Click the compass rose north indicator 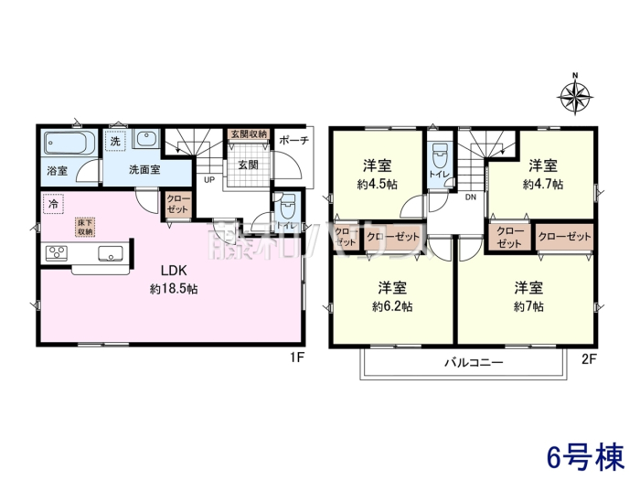click(575, 96)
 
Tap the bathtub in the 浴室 click(69, 143)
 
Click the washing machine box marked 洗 click(115, 141)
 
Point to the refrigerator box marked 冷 click(53, 204)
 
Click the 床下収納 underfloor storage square click(85, 228)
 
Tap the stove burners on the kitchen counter click(57, 253)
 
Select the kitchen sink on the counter click(111, 253)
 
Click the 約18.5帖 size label click(174, 290)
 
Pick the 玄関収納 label click(248, 133)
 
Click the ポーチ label click(293, 141)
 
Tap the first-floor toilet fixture click(289, 207)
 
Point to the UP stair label click(209, 179)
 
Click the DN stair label click(471, 197)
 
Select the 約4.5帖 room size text click(377, 185)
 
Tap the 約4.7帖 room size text click(543, 185)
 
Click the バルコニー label click(474, 362)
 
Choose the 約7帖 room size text click(528, 306)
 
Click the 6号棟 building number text click(587, 457)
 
